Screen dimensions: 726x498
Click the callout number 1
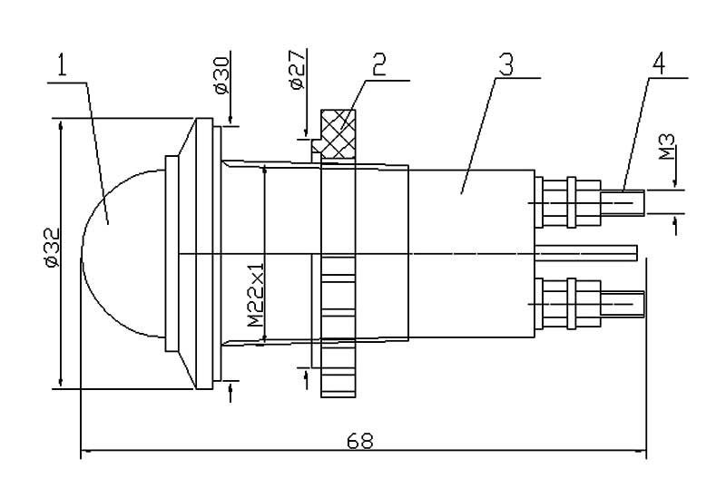point(63,65)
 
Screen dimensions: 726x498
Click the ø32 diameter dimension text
point(53,248)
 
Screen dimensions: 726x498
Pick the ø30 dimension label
point(222,75)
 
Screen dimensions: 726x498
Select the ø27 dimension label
point(298,70)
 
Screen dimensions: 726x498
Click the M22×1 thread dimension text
point(255,295)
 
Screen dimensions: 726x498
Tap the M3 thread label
point(667,147)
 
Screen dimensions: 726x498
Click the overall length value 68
point(359,441)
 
